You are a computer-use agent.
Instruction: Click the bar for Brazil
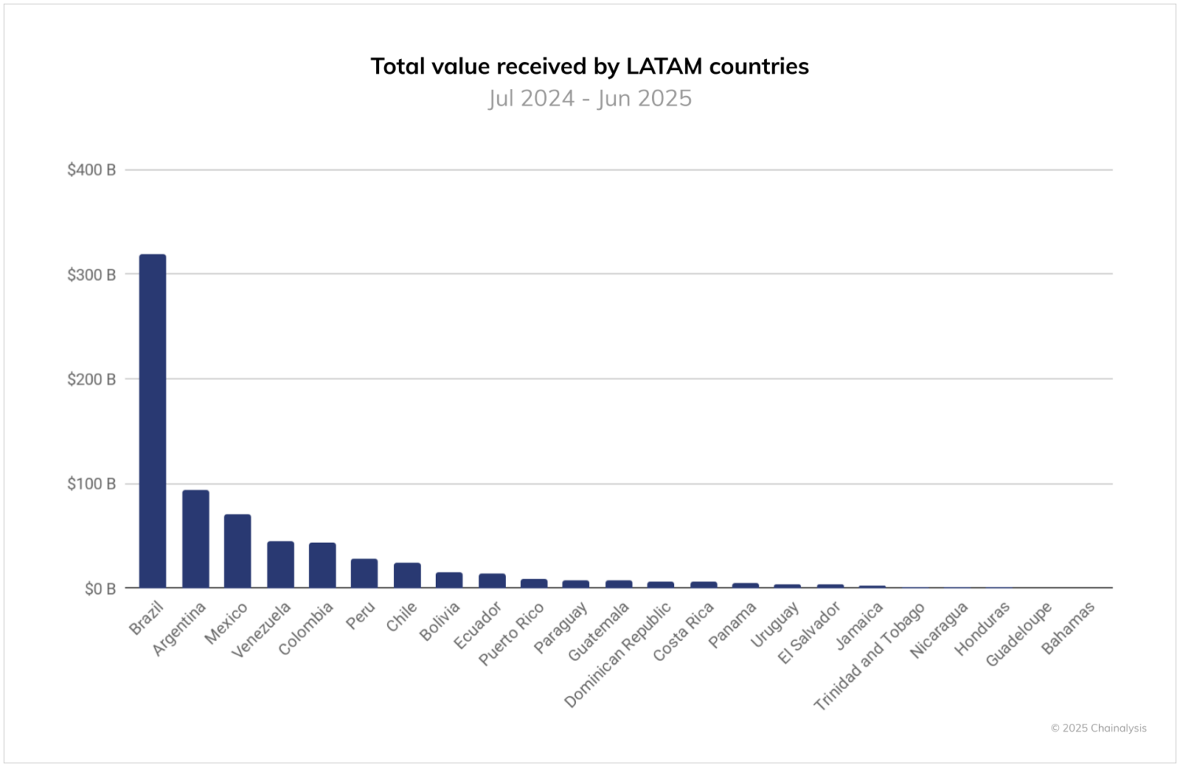[153, 421]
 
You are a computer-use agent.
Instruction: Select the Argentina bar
[196, 539]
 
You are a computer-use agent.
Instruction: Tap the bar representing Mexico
[238, 551]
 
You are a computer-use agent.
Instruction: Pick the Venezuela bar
[280, 564]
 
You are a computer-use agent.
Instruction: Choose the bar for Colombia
[323, 565]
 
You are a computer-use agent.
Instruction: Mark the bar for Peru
[364, 573]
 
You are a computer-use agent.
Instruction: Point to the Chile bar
[407, 575]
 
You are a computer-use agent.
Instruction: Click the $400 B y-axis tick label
[91, 170]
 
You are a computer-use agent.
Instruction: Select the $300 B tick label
[91, 275]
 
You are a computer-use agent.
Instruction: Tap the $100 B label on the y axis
[91, 484]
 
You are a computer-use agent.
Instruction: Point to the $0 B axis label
[100, 588]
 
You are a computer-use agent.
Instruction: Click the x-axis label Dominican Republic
[618, 654]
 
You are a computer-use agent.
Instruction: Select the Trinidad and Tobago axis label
[869, 657]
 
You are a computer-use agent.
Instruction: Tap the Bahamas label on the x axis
[1068, 628]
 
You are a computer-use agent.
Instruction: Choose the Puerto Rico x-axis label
[511, 634]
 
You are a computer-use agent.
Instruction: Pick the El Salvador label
[809, 632]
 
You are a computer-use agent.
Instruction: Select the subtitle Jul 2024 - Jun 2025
[590, 98]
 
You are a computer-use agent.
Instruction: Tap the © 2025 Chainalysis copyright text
[1098, 728]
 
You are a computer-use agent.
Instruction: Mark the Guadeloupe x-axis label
[1019, 634]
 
